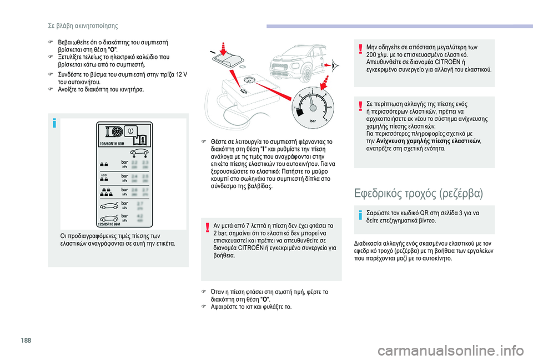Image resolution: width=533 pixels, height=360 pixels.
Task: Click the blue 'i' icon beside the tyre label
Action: [53, 123]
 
